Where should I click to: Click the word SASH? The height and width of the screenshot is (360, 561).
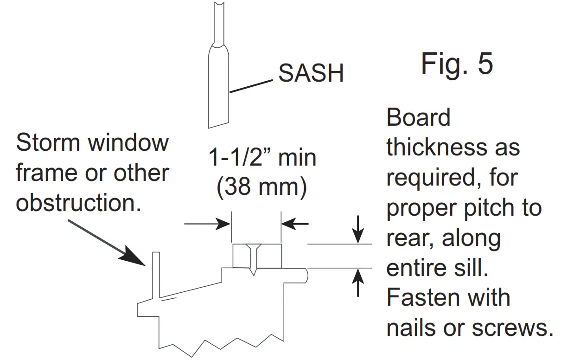[311, 73]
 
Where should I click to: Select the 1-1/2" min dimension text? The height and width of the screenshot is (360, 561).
[262, 158]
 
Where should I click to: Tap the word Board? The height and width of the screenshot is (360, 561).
[418, 118]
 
